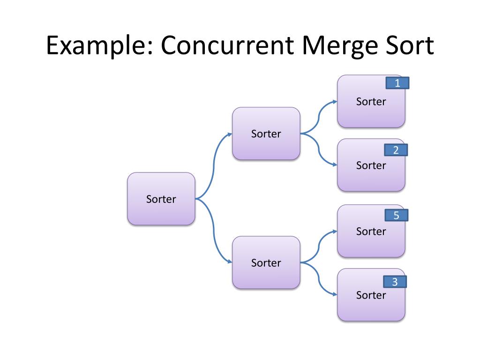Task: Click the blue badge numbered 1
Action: pos(397,83)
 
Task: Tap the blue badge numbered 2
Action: pos(396,150)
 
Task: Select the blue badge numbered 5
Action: pos(396,216)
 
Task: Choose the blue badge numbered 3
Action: pos(395,282)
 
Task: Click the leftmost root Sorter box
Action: pos(161,199)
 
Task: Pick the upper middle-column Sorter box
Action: pos(266,134)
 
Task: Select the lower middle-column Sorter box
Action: pos(266,262)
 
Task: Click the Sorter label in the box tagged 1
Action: pos(371,102)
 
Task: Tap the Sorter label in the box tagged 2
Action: pos(371,165)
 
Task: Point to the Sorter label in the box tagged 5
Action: pos(371,232)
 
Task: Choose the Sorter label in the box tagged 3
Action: pos(371,295)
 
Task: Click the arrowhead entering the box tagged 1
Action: pos(334,101)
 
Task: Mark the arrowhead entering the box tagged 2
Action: pos(334,165)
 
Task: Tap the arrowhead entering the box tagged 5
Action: pos(334,231)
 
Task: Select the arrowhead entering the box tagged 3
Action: pos(334,295)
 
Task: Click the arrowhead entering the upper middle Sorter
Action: pos(229,134)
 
